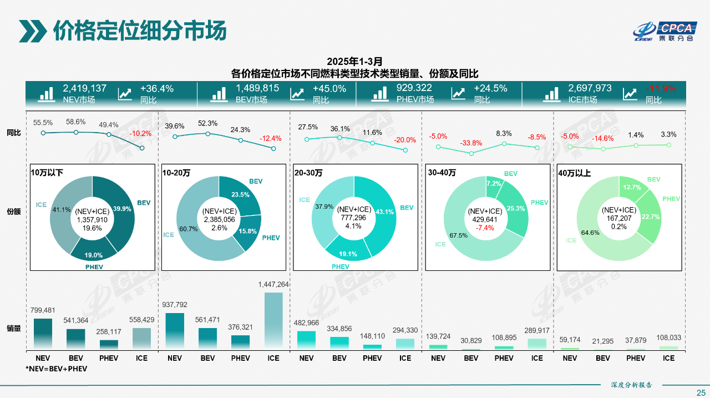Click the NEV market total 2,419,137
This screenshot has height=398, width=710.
[x=84, y=88]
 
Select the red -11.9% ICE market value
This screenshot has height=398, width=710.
[x=661, y=88]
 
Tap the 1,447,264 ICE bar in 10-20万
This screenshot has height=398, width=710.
[x=273, y=321]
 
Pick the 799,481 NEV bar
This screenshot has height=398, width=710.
[x=43, y=334]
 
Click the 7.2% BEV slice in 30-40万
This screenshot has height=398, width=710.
[x=494, y=184]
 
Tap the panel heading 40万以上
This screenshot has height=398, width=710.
[x=575, y=173]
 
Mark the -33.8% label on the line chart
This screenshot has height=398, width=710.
[x=471, y=143]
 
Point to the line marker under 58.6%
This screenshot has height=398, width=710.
[x=76, y=132]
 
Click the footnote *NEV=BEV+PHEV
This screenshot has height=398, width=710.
[x=56, y=369]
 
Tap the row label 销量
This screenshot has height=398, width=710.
[x=14, y=328]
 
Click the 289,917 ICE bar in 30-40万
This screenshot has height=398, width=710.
[x=537, y=344]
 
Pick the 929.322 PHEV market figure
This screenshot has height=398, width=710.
[x=414, y=88]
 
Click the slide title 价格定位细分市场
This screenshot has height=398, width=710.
[x=139, y=31]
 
